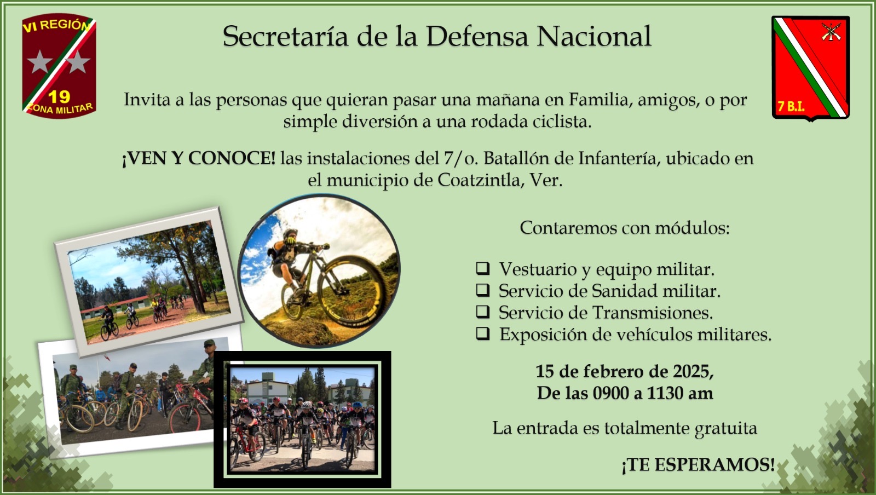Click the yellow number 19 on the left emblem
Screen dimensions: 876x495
tap(59, 97)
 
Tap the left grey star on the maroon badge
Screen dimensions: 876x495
tap(40, 62)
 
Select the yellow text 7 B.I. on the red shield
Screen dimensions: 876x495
tap(791, 106)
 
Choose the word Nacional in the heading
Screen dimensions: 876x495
tap(594, 36)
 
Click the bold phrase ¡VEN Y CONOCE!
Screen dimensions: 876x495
tap(199, 158)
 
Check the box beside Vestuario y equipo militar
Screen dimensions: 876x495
tap(482, 268)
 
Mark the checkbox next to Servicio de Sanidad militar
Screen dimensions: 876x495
tap(482, 290)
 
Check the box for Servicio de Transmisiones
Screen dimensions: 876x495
tap(482, 312)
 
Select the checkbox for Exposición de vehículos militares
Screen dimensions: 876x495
tap(482, 333)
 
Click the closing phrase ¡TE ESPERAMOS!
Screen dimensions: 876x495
tap(698, 465)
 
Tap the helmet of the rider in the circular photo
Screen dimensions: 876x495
tap(290, 233)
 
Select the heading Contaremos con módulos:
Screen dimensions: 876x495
tap(625, 228)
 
